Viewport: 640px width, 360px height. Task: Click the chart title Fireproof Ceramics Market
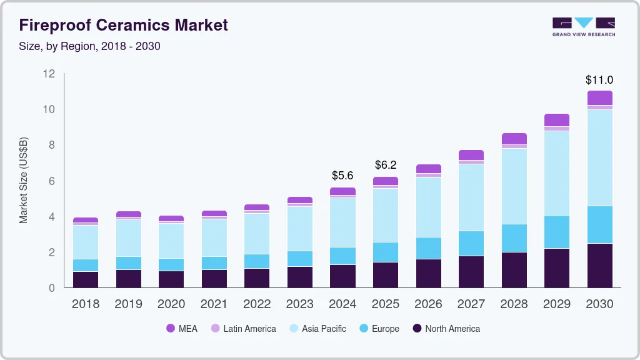[x=124, y=26]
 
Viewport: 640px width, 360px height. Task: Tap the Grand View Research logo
[x=584, y=27]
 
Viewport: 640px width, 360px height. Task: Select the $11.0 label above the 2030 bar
[x=599, y=80]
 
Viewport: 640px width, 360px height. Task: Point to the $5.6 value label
[x=342, y=176]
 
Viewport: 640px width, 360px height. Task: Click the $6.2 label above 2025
[x=386, y=166]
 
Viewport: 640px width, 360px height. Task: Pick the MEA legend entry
[x=182, y=328]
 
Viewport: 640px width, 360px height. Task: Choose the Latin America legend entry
[x=243, y=328]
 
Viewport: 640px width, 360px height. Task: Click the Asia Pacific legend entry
[x=317, y=328]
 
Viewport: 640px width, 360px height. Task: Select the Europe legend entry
[x=379, y=328]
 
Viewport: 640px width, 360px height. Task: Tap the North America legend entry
[x=446, y=328]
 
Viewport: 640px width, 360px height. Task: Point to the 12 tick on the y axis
[x=49, y=74]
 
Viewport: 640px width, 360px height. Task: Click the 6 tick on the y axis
[x=51, y=181]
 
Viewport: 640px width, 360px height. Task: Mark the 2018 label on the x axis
[x=85, y=304]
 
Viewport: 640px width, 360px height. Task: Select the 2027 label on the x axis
[x=471, y=304]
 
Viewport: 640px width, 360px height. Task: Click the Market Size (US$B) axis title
[x=24, y=180]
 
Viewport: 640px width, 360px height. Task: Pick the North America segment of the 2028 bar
[x=514, y=270]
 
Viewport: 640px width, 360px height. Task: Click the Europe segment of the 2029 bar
[x=557, y=232]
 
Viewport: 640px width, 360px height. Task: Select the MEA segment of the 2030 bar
[x=600, y=97]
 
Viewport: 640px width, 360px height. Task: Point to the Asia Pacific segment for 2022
[x=257, y=234]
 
